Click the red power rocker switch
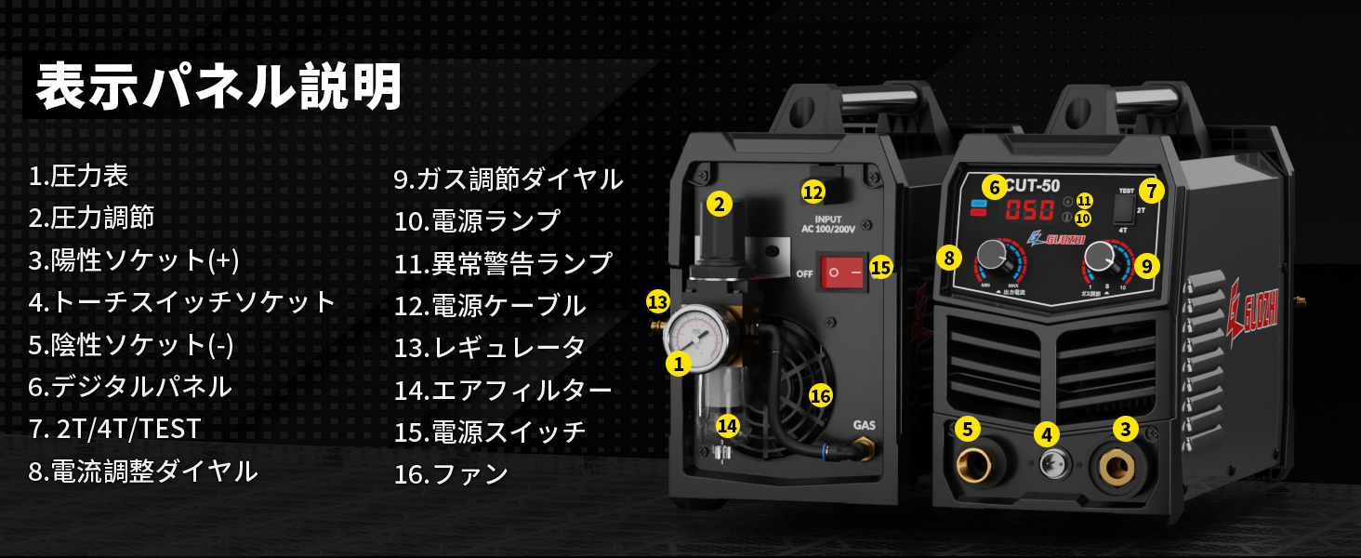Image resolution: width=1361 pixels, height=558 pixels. point(841,272)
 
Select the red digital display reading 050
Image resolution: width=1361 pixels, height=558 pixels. point(1030,209)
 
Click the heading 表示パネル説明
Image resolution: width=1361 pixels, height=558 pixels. point(219,88)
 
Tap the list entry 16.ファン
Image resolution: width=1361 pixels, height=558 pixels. point(451,474)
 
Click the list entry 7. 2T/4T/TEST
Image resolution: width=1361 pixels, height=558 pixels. point(114,429)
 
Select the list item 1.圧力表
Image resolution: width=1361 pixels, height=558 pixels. point(78,175)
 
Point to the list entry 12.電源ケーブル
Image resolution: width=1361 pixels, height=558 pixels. point(490,305)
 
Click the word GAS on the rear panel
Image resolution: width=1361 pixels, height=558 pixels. point(864,426)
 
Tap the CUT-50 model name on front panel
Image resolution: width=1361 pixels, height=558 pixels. point(1033,185)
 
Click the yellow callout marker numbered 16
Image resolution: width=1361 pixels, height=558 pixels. point(820,395)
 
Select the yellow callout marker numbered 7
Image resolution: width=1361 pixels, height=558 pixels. point(1151,191)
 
